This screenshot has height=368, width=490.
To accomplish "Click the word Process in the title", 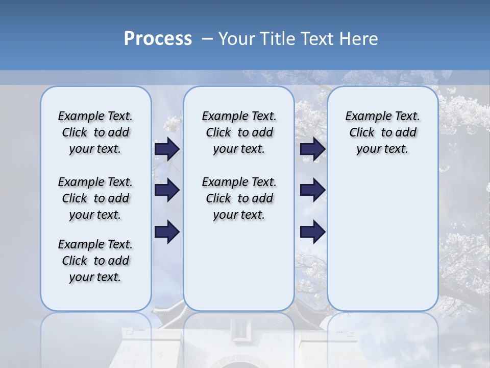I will coord(158,38).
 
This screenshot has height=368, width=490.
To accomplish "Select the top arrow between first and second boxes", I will coord(167,149).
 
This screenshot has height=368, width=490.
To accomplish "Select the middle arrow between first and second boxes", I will coord(167,191).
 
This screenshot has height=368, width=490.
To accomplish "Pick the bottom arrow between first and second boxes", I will coord(167,232).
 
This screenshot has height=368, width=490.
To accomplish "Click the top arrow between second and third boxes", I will coord(312,149).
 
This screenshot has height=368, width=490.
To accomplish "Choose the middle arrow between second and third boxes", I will coord(312,191).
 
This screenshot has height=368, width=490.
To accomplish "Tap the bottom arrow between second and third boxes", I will coord(312,232).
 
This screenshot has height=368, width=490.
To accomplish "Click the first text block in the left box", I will coord(95,132).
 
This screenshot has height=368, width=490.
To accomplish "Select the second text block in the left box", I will coord(95,198).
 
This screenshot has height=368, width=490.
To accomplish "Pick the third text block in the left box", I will coord(95,261).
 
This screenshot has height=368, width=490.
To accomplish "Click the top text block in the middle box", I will coord(239,132).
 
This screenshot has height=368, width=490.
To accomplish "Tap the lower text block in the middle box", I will coord(239,198).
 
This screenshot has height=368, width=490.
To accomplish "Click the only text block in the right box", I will coord(382,132).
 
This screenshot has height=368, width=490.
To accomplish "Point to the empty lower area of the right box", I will coord(382,240).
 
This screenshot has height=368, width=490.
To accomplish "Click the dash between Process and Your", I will coord(207,39).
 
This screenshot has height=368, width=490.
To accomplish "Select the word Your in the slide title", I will coord(237,39).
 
